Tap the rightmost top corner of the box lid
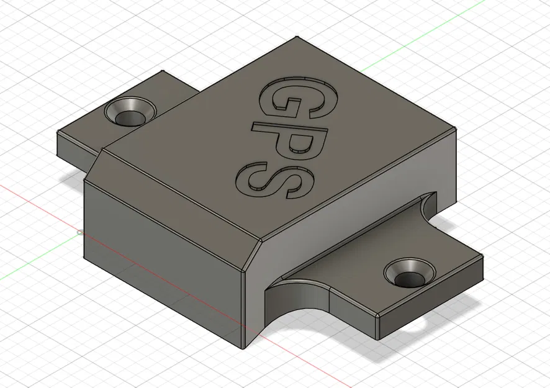pos(455,129)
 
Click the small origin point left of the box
pos(79,233)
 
